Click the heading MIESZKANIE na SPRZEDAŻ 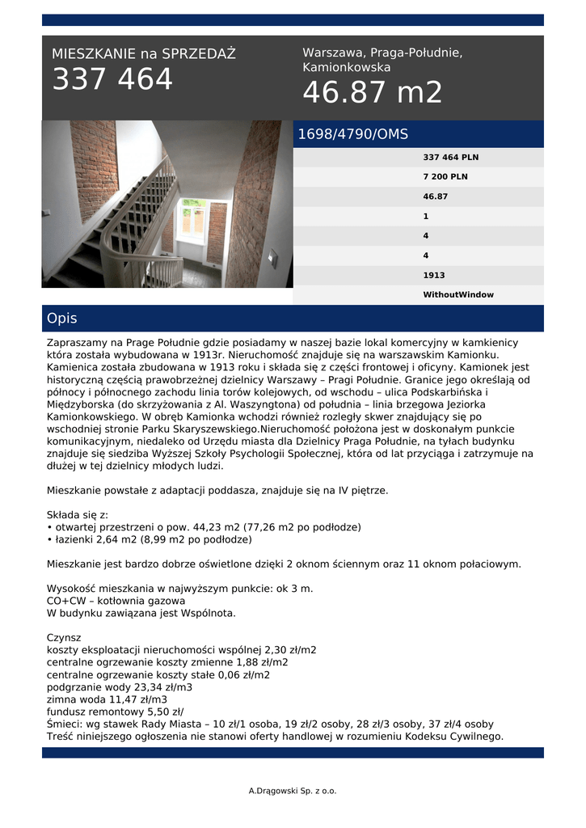pyautogui.click(x=144, y=54)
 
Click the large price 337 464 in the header pyautogui.click(x=112, y=80)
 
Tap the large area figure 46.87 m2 pyautogui.click(x=373, y=93)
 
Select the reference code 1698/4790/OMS pyautogui.click(x=353, y=134)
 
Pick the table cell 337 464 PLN pyautogui.click(x=451, y=158)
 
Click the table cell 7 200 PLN pyautogui.click(x=445, y=177)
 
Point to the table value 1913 pyautogui.click(x=434, y=276)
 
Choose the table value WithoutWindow pyautogui.click(x=458, y=295)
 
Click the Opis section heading pyautogui.click(x=62, y=319)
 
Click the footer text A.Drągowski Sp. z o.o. pyautogui.click(x=293, y=791)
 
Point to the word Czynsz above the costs pyautogui.click(x=65, y=637)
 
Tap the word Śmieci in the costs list pyautogui.click(x=64, y=724)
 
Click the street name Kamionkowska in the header pyautogui.click(x=347, y=68)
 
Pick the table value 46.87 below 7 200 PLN pyautogui.click(x=436, y=196)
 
